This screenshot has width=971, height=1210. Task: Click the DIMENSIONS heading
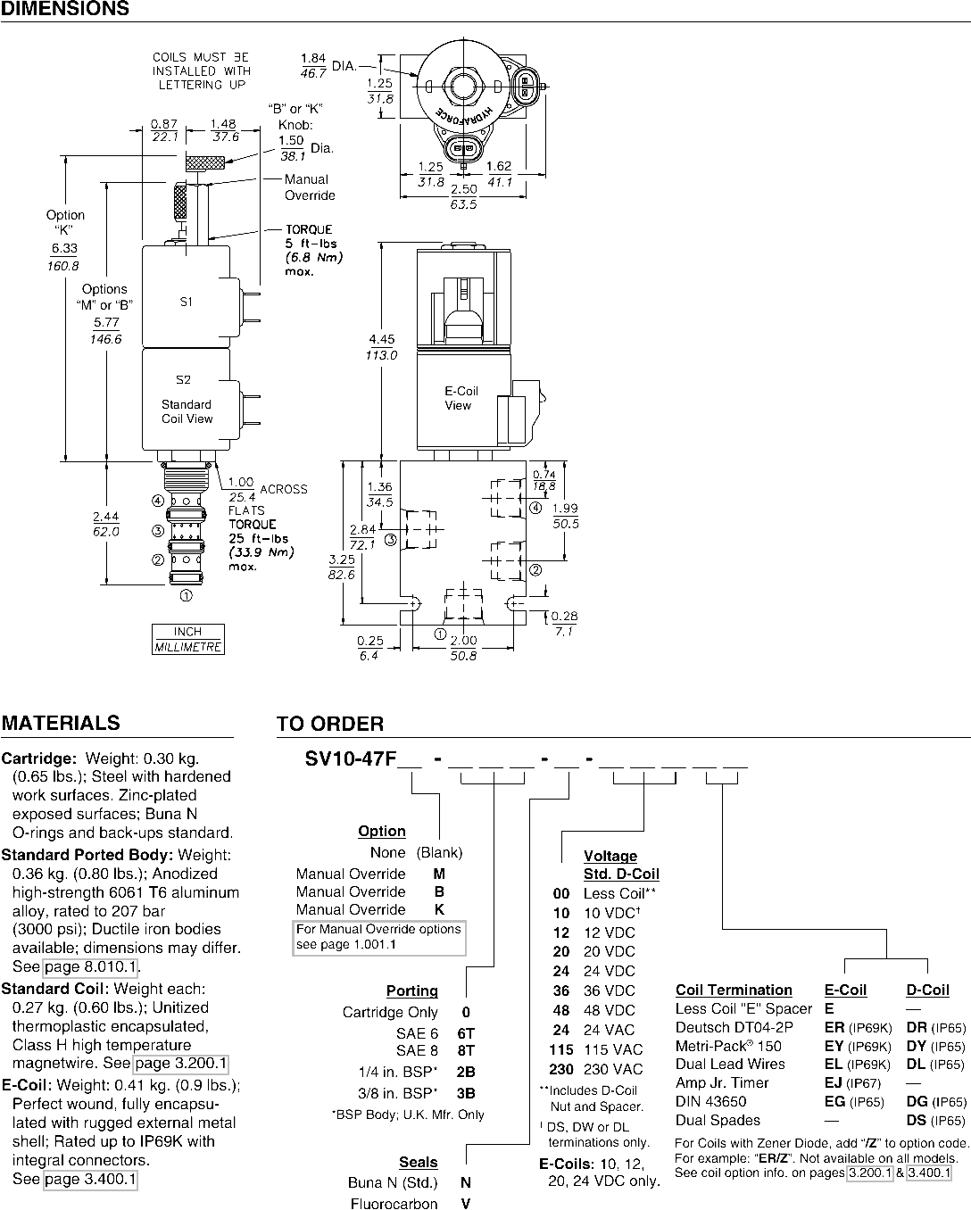coord(65,8)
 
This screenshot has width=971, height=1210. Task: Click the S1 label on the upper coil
coord(187,302)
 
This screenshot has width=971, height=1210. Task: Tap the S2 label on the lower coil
coord(183,379)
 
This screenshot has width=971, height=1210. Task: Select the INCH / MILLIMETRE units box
coord(188,639)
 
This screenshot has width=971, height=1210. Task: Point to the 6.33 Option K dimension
coord(64,257)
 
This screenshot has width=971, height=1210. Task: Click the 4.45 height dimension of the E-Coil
coord(381,347)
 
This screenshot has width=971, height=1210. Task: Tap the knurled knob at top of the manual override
coord(204,162)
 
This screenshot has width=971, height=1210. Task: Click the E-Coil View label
coord(461,398)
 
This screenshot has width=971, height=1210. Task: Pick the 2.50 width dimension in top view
coord(463,196)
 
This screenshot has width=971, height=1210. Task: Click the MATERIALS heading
coord(61,723)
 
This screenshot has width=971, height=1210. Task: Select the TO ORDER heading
coord(330,724)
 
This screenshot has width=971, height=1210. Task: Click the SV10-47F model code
coord(351,758)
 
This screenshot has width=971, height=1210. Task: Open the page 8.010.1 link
coord(91,966)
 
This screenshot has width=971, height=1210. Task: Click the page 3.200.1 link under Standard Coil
coord(181,1064)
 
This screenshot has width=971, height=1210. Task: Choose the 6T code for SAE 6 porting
coord(466,1033)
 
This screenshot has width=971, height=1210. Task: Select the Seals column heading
coord(418,1162)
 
